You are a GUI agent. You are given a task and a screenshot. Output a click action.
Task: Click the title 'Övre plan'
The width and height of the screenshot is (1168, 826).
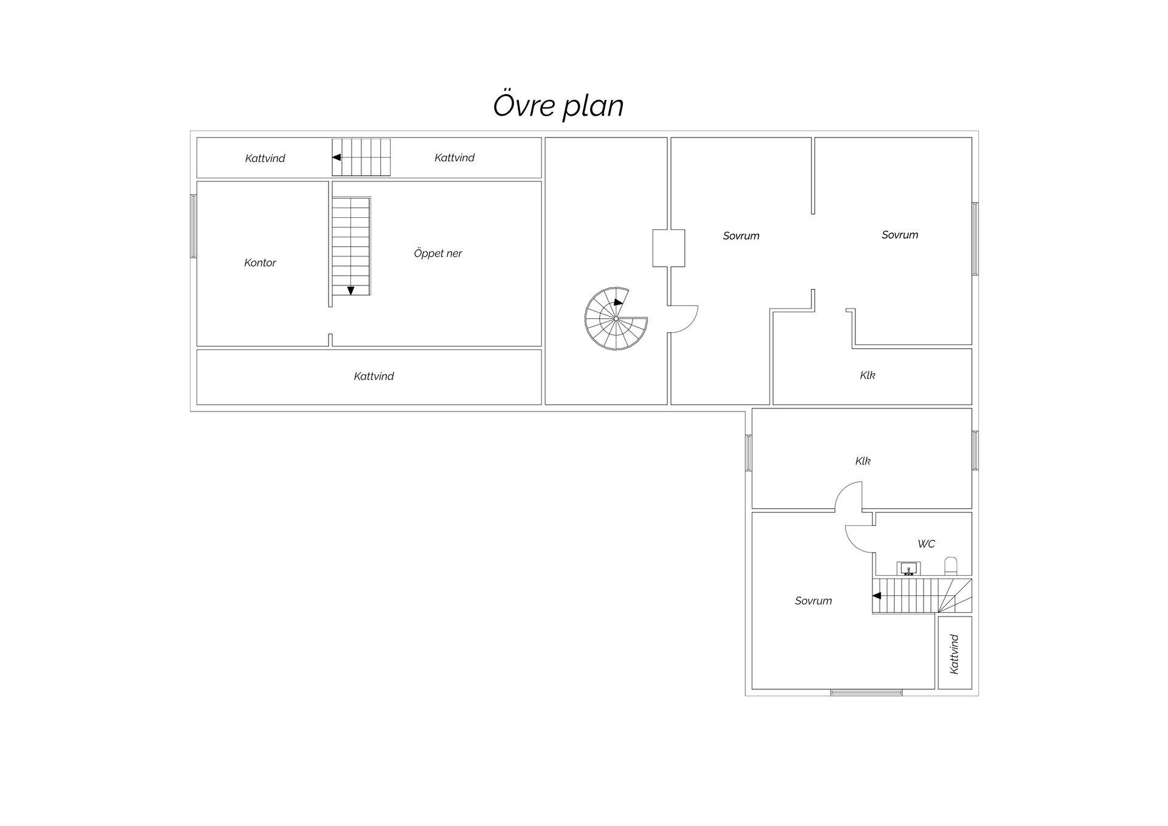pos(558,105)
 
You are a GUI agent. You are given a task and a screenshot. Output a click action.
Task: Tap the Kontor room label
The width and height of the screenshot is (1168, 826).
pos(260,263)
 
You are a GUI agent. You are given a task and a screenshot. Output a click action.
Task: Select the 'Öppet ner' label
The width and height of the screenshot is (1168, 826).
pos(438,253)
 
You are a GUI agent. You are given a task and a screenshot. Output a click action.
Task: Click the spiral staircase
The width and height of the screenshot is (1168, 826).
pos(616,318)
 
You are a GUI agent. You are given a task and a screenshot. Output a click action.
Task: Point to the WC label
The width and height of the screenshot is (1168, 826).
pos(926,544)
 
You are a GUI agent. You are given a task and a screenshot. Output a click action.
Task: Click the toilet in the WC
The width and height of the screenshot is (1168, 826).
pos(951,565)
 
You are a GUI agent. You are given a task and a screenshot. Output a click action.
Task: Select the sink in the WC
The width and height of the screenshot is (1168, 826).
pos(909,569)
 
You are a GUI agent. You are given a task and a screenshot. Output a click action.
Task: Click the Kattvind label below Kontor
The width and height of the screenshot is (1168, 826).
pos(374,376)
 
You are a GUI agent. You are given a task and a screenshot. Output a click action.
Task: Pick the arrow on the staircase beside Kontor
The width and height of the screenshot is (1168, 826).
pos(351,291)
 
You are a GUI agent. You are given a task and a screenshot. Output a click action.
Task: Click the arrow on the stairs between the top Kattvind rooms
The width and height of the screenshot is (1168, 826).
pos(336,157)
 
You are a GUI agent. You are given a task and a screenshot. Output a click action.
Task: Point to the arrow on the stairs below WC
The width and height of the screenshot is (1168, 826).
pos(877,595)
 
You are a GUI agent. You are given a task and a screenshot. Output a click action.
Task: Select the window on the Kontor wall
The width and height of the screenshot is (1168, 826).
pos(193,226)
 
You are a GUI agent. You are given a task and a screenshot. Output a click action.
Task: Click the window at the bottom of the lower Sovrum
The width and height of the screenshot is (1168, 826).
pos(866,692)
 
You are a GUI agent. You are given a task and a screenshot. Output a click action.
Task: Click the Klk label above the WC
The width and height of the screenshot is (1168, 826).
pos(863,461)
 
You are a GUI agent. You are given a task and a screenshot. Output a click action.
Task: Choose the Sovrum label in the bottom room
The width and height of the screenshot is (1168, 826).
pos(813,601)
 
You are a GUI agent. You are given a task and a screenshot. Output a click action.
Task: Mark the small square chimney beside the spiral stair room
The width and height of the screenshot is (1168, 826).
pos(669,248)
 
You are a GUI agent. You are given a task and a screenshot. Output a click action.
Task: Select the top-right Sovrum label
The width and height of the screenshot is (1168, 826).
pos(900,235)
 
